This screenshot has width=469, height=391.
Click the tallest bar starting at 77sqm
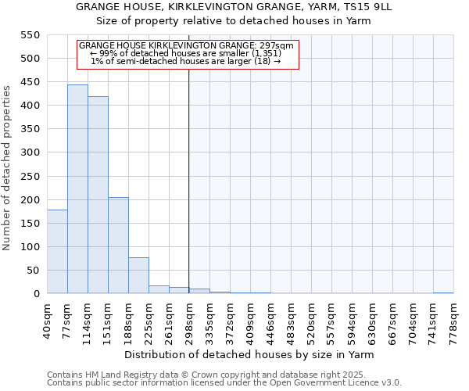(x=77, y=189)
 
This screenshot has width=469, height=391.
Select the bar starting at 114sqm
(x=98, y=195)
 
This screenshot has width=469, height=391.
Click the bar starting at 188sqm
(x=138, y=275)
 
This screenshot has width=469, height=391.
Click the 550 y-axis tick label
(x=29, y=35)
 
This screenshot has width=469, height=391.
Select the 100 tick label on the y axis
(x=29, y=247)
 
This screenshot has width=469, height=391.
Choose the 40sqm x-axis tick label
(x=48, y=319)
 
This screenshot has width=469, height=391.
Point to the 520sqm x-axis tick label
(x=312, y=319)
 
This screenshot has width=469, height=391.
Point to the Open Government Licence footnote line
(x=224, y=383)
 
